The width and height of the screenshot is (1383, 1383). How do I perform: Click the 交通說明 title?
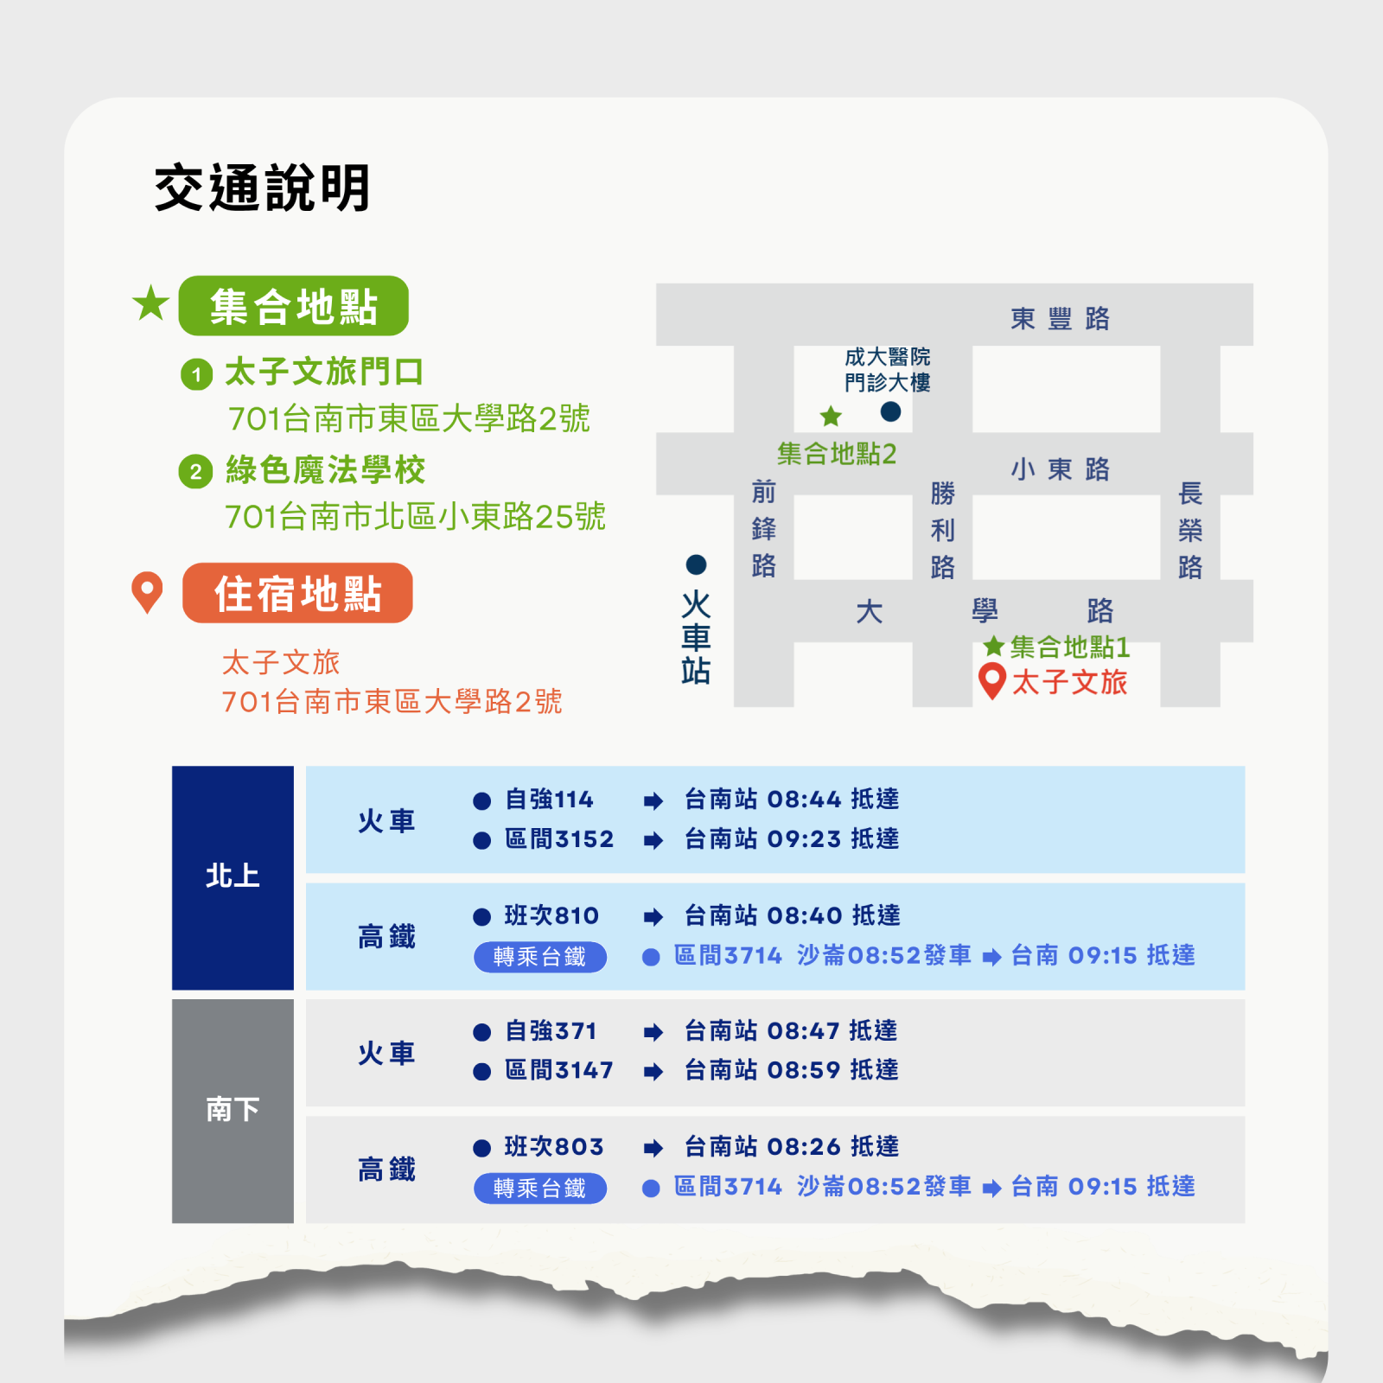263,188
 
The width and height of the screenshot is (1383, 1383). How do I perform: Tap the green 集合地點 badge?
294,306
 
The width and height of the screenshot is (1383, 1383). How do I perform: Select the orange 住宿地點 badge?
297,593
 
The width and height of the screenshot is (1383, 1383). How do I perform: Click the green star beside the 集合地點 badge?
150,303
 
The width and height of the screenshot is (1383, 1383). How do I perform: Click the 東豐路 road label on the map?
1061,318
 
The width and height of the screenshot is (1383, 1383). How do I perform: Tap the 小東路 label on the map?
1061,469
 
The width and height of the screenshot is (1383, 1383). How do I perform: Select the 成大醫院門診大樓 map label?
888,370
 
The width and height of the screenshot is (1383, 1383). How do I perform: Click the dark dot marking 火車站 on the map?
696,564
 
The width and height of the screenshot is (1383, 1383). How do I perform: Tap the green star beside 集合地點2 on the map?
831,417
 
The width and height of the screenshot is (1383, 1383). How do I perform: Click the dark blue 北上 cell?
233,877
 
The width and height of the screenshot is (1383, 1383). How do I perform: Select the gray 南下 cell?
233,1111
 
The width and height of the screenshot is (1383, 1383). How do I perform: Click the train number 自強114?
550,800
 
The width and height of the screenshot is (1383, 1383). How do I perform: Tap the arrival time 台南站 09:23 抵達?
792,838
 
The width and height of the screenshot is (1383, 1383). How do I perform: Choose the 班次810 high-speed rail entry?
551,915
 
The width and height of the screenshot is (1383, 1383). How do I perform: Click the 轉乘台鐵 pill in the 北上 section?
540,957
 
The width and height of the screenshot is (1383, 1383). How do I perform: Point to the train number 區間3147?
559,1070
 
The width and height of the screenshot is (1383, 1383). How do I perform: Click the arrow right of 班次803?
653,1148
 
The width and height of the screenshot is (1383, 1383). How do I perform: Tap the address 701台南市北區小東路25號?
415,517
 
